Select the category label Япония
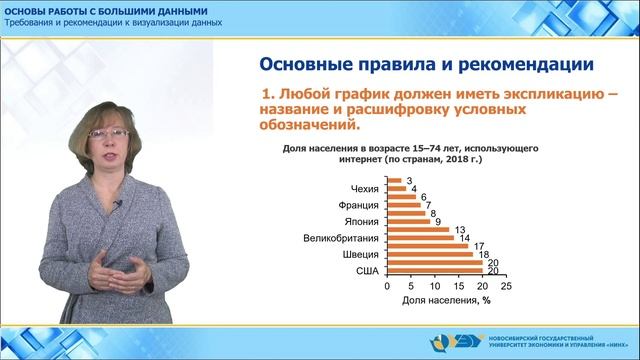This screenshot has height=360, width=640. click(x=360, y=222)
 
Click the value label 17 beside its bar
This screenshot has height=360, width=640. click(x=480, y=246)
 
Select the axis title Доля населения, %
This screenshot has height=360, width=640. click(x=444, y=299)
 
